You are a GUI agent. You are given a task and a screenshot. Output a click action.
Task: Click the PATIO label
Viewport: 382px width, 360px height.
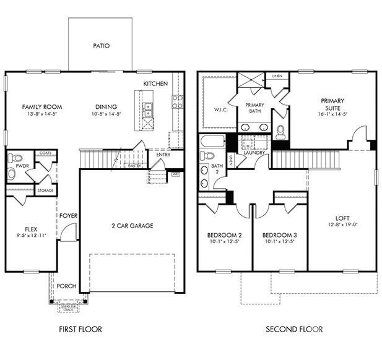pos(101,46)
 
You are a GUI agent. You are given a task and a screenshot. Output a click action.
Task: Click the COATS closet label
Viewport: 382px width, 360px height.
pos(45,153)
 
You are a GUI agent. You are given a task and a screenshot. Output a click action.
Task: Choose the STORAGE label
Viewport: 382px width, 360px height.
pos(45,191)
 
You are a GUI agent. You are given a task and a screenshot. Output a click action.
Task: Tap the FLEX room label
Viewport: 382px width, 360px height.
pos(31,228)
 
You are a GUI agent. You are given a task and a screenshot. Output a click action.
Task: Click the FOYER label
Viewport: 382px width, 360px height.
pos(68,216)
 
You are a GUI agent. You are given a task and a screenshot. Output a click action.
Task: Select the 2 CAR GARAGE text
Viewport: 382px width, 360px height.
pos(132,226)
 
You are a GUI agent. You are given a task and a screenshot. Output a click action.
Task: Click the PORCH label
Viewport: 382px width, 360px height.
pos(66,286)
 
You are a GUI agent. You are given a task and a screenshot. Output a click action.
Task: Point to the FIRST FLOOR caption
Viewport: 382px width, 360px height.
pos(81,329)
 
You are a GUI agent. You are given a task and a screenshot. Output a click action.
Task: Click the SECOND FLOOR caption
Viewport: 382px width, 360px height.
pos(294,329)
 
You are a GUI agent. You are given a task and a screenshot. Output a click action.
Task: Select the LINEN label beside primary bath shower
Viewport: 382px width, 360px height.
pos(277,76)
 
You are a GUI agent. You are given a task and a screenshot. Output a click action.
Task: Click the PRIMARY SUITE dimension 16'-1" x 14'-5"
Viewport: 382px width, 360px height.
pos(332,114)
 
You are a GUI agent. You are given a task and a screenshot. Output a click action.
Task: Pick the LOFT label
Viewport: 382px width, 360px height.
pos(342,218)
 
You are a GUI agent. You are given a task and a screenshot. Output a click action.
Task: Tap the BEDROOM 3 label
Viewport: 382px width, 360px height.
pos(280,236)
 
